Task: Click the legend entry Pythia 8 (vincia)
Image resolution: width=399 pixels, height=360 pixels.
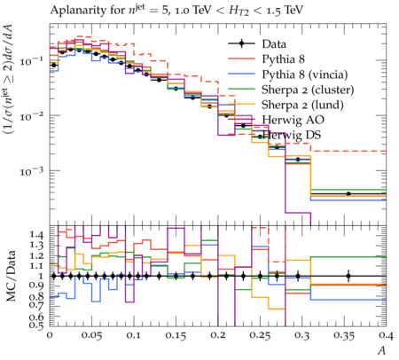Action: pyautogui.click(x=305, y=74)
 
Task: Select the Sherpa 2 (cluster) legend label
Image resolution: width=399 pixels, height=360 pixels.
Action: pyautogui.click(x=308, y=90)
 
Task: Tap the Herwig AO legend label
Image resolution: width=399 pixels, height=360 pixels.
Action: pyautogui.click(x=293, y=120)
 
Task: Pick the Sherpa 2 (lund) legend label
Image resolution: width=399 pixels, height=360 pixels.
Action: pyautogui.click(x=302, y=105)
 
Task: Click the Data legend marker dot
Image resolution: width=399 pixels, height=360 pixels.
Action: pyautogui.click(x=241, y=43)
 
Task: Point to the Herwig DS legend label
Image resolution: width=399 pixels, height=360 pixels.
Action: pyautogui.click(x=292, y=135)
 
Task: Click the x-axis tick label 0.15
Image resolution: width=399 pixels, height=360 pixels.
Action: pyautogui.click(x=176, y=335)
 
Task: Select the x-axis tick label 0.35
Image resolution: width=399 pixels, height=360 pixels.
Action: pyautogui.click(x=344, y=335)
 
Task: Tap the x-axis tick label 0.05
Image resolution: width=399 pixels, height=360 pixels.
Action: pyautogui.click(x=91, y=335)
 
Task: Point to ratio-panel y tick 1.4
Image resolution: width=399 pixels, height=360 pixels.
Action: pyautogui.click(x=37, y=235)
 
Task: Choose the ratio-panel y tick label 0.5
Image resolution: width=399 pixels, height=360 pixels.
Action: pyautogui.click(x=37, y=325)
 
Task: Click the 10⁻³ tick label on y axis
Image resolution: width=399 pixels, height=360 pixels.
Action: pyautogui.click(x=32, y=171)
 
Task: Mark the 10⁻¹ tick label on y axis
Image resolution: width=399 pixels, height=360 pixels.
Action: pyautogui.click(x=32, y=61)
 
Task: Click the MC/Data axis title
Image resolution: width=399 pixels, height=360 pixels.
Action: pyautogui.click(x=11, y=276)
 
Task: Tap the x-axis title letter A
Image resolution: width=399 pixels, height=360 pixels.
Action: pyautogui.click(x=382, y=350)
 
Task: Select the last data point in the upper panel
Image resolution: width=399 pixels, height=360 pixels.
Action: pyautogui.click(x=348, y=194)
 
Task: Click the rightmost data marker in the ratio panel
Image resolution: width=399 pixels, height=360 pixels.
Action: pyautogui.click(x=348, y=276)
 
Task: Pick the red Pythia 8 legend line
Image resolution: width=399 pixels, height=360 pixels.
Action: pyautogui.click(x=241, y=59)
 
